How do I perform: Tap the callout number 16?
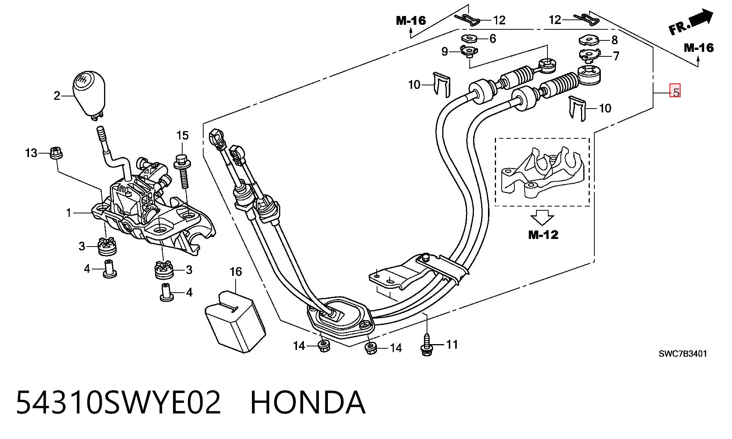pyautogui.click(x=236, y=272)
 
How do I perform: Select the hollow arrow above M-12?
pyautogui.click(x=542, y=218)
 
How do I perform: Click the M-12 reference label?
pyautogui.click(x=543, y=235)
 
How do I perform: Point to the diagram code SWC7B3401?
pyautogui.click(x=683, y=354)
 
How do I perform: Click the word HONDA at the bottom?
pyautogui.click(x=308, y=402)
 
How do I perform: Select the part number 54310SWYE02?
pyautogui.click(x=119, y=402)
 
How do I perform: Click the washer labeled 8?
pyautogui.click(x=589, y=40)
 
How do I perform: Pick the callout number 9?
pyautogui.click(x=445, y=51)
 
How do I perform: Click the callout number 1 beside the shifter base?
pyautogui.click(x=69, y=213)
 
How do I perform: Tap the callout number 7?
pyautogui.click(x=616, y=56)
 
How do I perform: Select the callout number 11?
pyautogui.click(x=452, y=344)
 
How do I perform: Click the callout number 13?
pyautogui.click(x=31, y=153)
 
